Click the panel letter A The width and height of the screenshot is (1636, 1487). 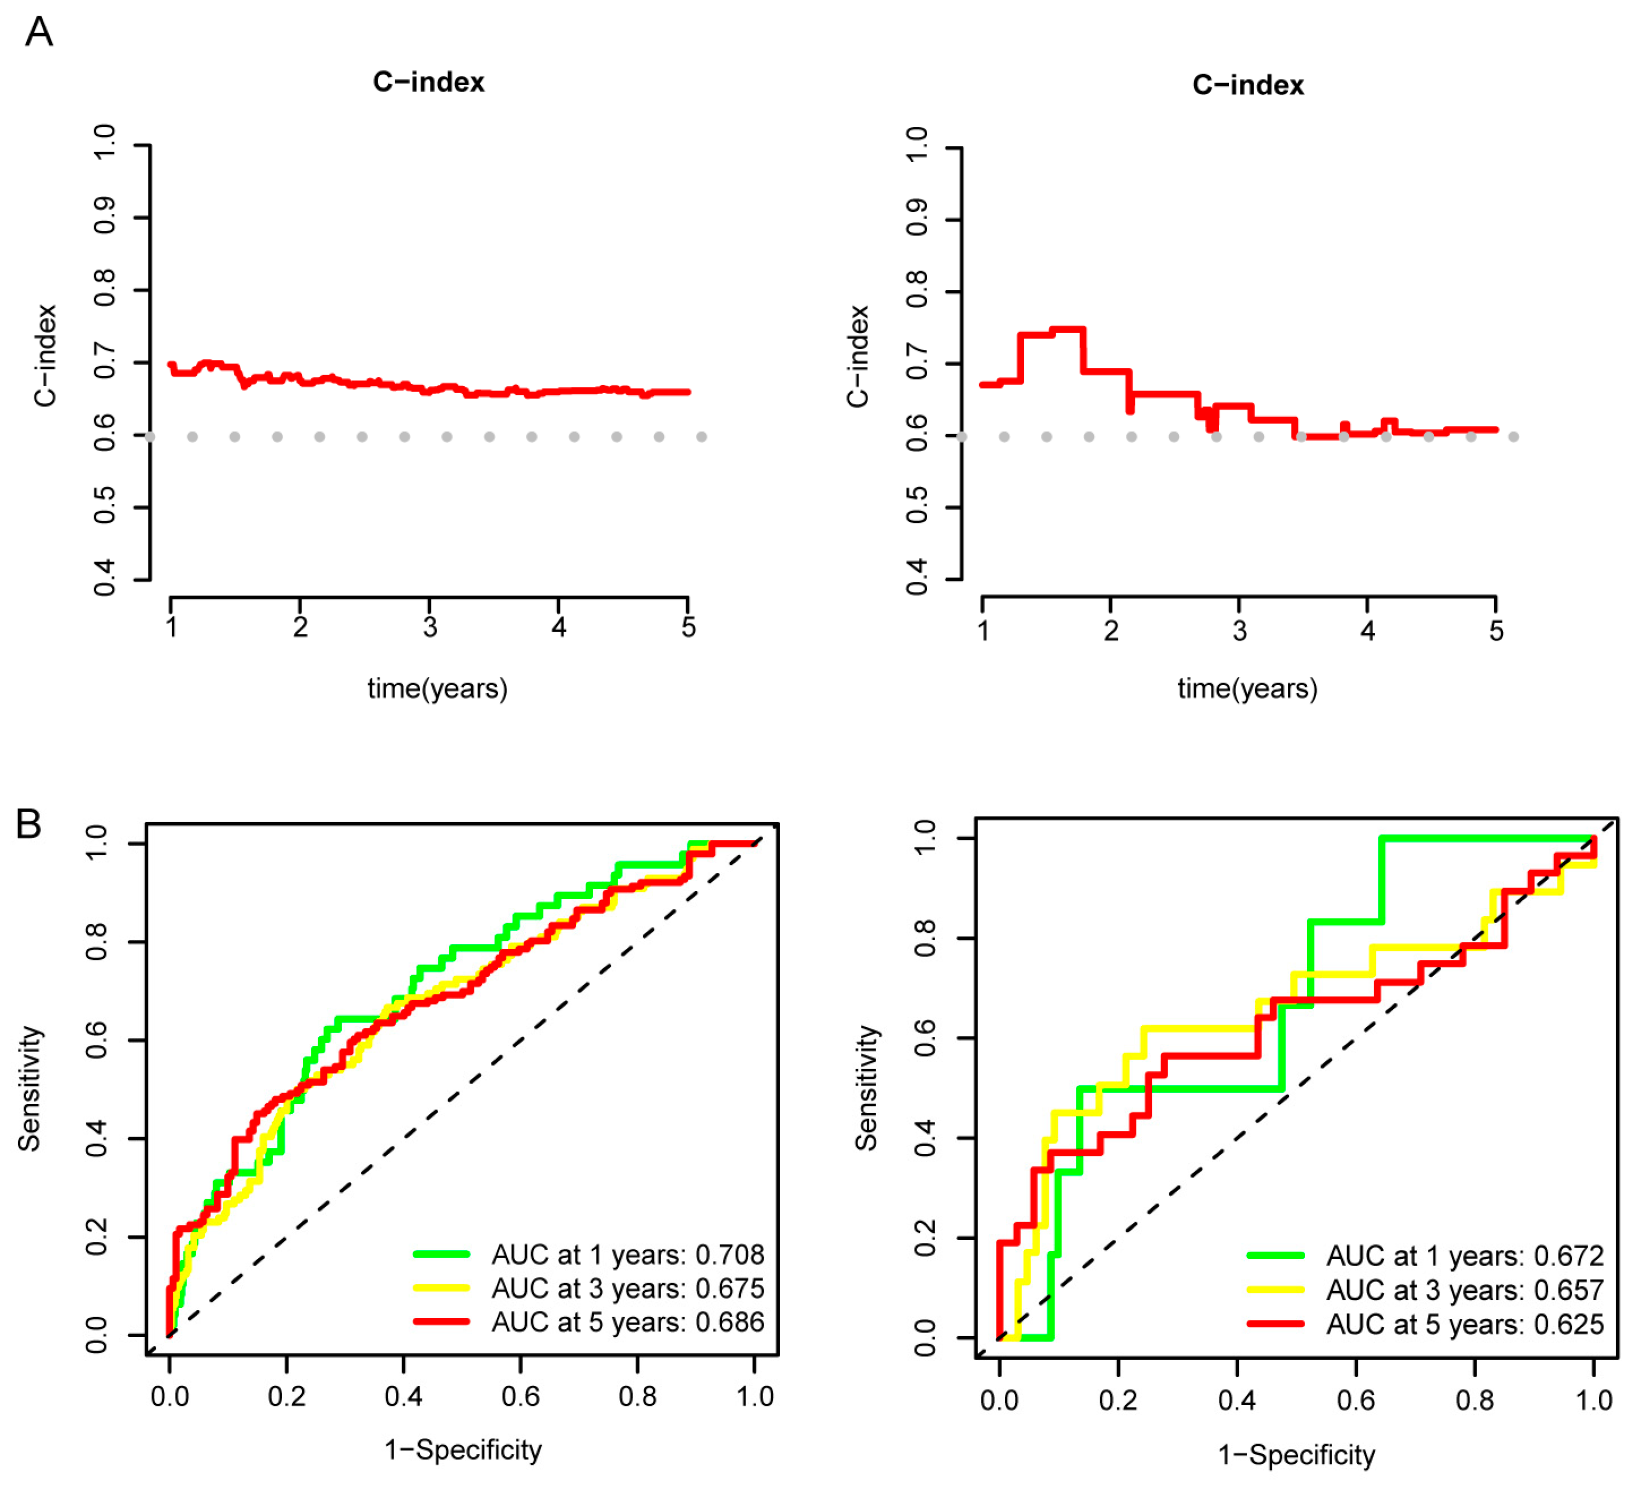point(39,33)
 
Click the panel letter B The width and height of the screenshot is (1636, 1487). point(29,825)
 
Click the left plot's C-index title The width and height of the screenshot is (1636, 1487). point(428,82)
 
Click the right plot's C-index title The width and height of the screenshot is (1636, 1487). point(1247,85)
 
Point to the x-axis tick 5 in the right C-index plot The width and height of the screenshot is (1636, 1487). point(1495,631)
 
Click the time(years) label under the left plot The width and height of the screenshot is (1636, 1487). point(437,688)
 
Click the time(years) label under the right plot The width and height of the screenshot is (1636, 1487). point(1247,688)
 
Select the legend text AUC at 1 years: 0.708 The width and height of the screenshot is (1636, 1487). point(627,1256)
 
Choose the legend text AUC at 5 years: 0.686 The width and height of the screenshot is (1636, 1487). point(627,1323)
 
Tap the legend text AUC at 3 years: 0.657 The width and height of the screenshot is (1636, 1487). point(1465,1291)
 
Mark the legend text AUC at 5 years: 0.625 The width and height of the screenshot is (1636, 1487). point(1465,1325)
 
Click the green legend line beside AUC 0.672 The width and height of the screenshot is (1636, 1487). point(1275,1256)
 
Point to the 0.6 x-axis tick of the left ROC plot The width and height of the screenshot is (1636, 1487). point(520,1397)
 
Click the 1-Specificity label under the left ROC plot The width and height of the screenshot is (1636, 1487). point(463,1450)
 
